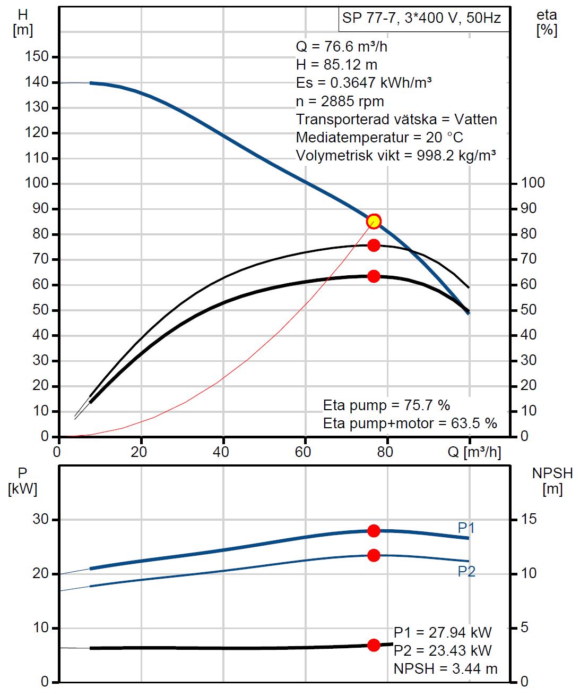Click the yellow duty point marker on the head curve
click(x=374, y=221)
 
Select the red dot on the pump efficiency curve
click(x=374, y=245)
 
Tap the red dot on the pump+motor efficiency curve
click(x=374, y=276)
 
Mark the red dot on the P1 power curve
click(x=374, y=530)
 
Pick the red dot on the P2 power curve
click(x=374, y=555)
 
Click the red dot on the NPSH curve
click(x=374, y=645)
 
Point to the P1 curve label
click(x=466, y=528)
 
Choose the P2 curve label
click(x=466, y=571)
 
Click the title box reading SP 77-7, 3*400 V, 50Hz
click(x=422, y=19)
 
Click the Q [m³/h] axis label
click(x=474, y=452)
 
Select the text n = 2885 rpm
click(x=340, y=101)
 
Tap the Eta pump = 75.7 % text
click(x=386, y=405)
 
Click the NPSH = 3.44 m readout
click(x=445, y=668)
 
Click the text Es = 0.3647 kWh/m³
click(x=363, y=83)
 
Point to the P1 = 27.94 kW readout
click(x=443, y=632)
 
